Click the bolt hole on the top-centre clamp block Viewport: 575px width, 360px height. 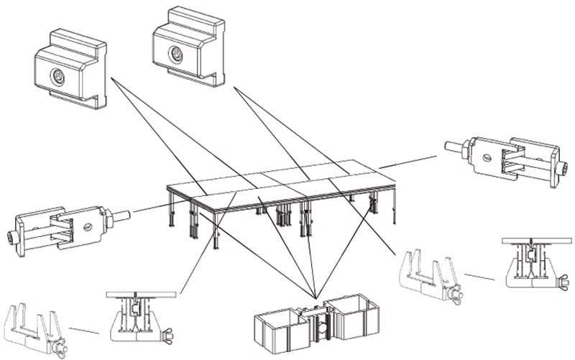tap(174, 52)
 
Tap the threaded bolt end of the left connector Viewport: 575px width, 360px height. tap(121, 213)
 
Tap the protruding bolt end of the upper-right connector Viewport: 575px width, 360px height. tap(454, 148)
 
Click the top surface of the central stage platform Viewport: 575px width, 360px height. tap(280, 180)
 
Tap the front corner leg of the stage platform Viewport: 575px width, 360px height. tap(218, 230)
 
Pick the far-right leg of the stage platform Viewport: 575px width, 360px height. tap(394, 208)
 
